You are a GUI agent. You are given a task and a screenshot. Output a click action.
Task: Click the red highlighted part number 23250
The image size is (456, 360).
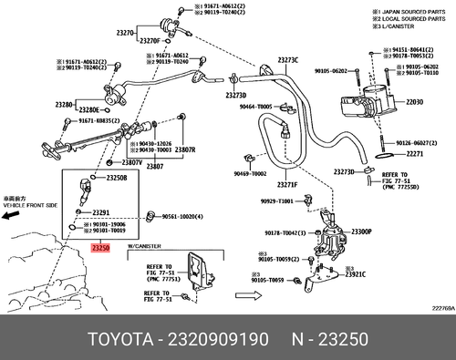99,246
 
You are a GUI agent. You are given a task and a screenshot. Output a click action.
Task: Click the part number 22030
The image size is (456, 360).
416,101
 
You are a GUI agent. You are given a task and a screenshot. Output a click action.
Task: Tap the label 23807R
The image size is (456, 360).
185,149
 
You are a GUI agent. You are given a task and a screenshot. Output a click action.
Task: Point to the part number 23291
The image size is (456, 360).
100,211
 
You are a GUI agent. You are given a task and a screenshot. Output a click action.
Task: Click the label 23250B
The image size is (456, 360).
117,178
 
